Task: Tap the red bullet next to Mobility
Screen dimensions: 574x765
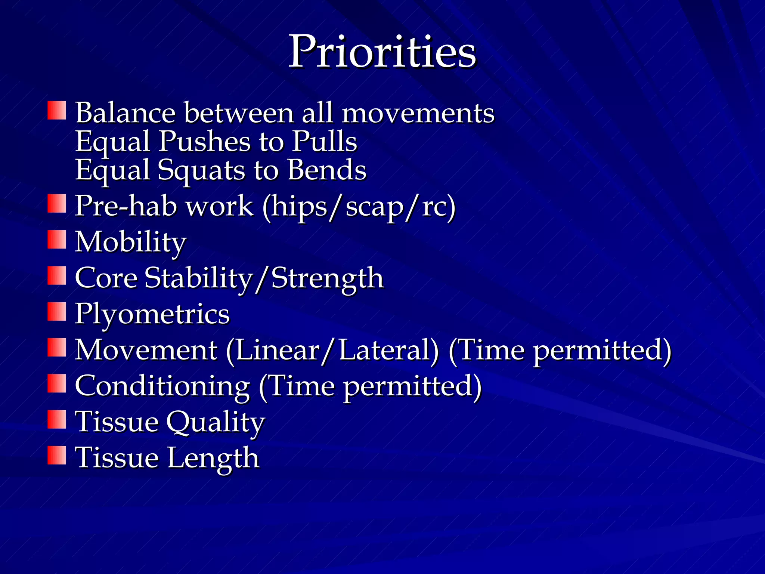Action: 57,240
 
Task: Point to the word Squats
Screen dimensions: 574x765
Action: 202,170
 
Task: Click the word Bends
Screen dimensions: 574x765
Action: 327,170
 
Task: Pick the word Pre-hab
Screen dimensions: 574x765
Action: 126,206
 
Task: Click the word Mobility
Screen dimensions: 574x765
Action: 130,242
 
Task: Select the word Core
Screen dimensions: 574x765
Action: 106,278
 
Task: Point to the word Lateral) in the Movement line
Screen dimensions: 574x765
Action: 389,350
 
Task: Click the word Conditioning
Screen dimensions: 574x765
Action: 162,386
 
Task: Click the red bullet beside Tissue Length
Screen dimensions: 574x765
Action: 57,455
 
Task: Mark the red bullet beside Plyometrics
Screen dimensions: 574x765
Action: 57,312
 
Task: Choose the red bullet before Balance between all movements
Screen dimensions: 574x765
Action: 57,110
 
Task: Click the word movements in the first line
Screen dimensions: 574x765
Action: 418,112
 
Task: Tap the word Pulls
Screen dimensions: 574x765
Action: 324,142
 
